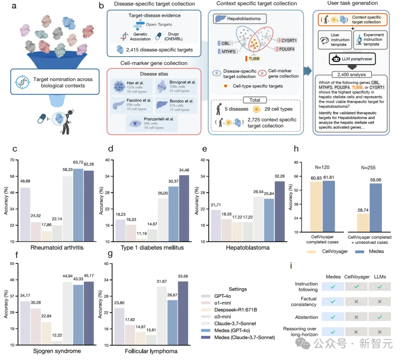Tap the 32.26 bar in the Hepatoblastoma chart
point(279,211)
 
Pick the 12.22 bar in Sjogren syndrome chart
point(57,343)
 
